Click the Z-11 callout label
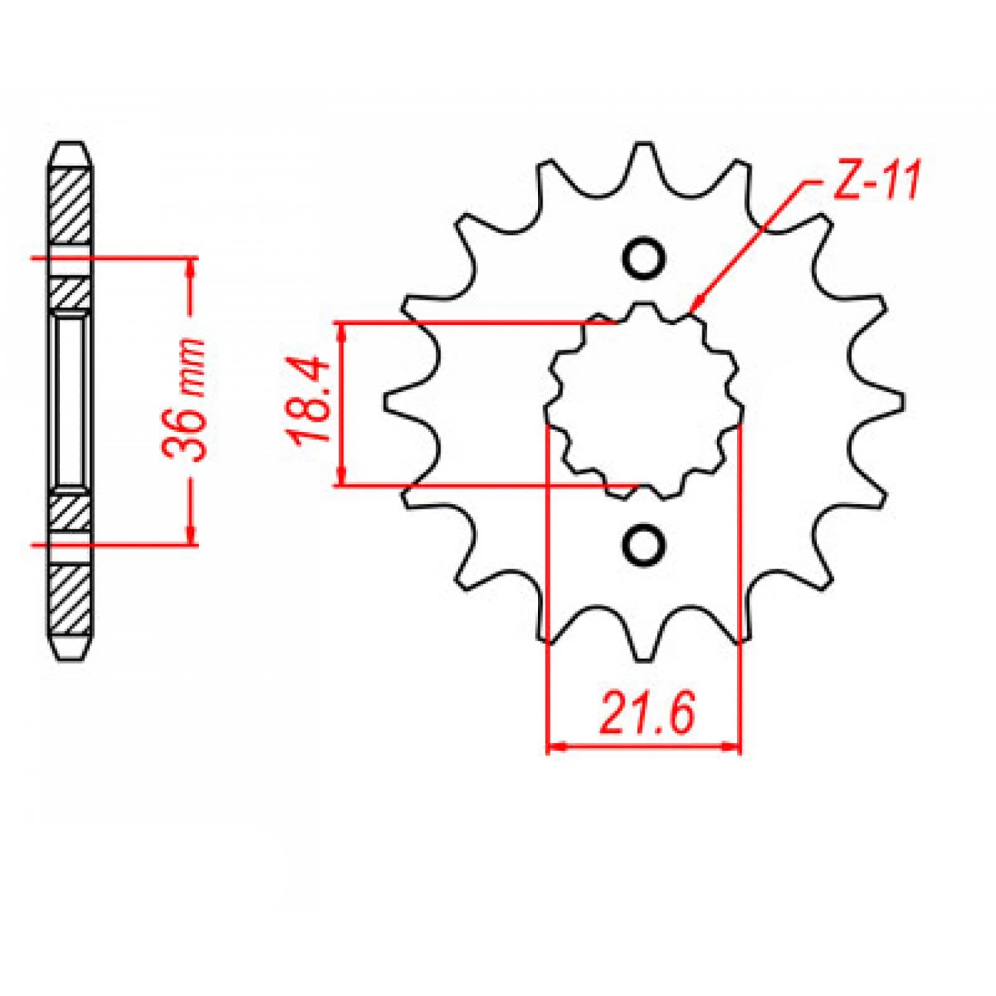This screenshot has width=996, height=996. coord(875,182)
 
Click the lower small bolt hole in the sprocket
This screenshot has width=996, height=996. coord(643,545)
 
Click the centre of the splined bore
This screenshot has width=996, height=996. coord(644,402)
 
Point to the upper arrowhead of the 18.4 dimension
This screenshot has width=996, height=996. coord(341,330)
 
